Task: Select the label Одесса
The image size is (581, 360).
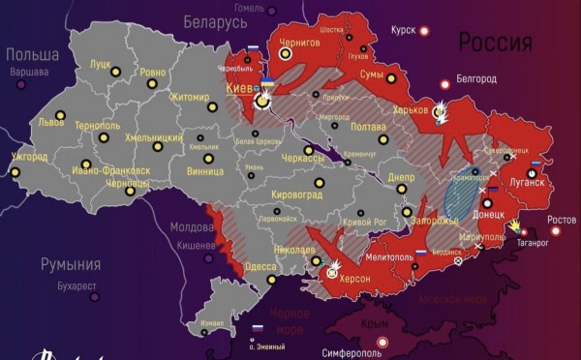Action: (260, 267)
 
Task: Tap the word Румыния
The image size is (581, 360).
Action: (70, 264)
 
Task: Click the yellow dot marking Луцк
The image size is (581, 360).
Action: (115, 72)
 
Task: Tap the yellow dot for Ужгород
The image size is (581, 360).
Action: (14, 174)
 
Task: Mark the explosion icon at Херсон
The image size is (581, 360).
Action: (332, 267)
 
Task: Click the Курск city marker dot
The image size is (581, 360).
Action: (423, 31)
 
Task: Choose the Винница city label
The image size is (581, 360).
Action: (205, 172)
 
